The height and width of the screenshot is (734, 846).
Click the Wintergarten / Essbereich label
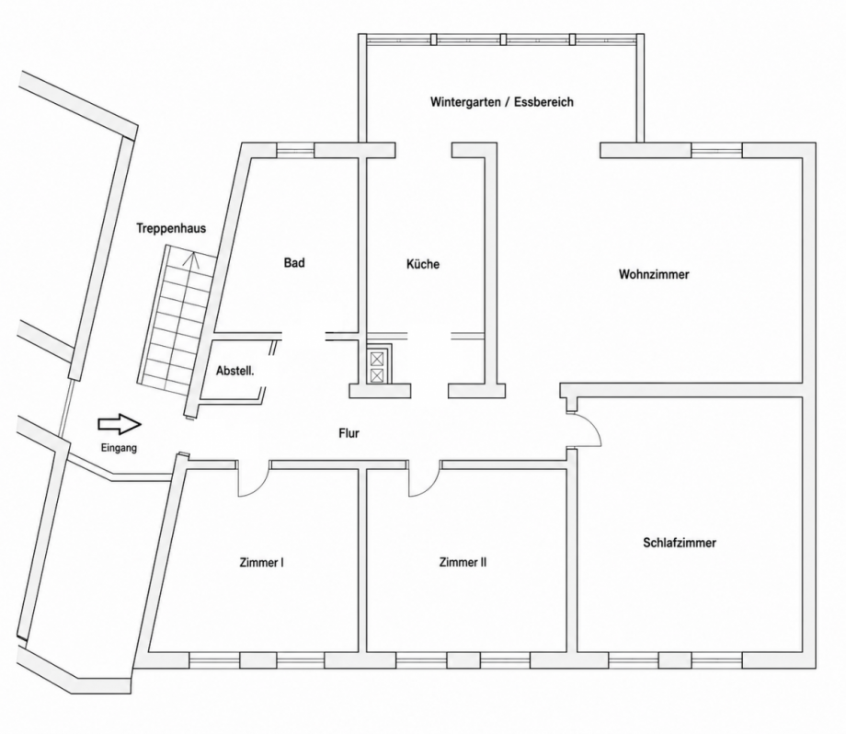point(502,102)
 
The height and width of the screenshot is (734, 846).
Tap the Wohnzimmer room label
point(654,274)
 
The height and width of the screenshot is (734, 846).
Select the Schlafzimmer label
point(680,543)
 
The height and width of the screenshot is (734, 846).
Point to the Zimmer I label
point(262,562)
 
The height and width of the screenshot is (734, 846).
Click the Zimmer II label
point(463,562)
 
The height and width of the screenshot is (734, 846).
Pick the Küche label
point(423,264)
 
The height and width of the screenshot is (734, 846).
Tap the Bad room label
point(294,263)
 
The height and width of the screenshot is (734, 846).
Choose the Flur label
point(349,433)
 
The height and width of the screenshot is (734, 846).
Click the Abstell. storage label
point(235,372)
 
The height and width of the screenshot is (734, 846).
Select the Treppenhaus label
point(171,228)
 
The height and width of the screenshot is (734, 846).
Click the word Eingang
point(119,448)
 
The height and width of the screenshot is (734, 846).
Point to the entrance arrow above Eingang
point(120,424)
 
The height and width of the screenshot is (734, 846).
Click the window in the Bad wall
point(295,150)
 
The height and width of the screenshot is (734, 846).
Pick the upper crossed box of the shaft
point(377,359)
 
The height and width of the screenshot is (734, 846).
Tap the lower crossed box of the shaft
point(377,375)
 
